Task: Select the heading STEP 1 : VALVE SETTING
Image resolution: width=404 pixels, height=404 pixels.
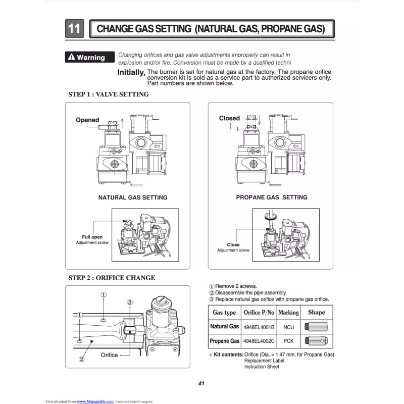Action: (108, 94)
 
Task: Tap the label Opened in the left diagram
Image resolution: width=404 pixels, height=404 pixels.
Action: (87, 120)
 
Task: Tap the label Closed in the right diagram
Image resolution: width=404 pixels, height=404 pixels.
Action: (229, 118)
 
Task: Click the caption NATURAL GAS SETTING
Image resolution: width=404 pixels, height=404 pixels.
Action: (132, 197)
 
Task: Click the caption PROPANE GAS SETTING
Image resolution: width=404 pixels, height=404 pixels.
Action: (271, 197)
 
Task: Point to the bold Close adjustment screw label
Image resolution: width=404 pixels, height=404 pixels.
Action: (233, 244)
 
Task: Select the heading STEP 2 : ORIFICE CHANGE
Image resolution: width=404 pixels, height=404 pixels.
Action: (112, 278)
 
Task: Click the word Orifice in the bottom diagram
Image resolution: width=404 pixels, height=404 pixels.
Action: (109, 355)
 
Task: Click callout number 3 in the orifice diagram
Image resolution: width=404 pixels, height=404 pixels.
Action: (130, 302)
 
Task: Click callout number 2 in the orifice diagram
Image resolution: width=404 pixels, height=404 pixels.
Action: (81, 360)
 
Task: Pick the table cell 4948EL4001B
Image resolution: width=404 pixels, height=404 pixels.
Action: (259, 327)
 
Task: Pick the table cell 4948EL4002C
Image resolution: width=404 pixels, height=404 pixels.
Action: (259, 341)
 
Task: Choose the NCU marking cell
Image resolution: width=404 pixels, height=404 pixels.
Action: (288, 327)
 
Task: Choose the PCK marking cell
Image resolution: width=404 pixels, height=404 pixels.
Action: (288, 341)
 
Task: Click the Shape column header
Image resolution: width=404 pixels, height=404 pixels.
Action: (317, 313)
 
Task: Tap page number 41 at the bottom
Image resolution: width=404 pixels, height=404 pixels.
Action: (201, 383)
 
